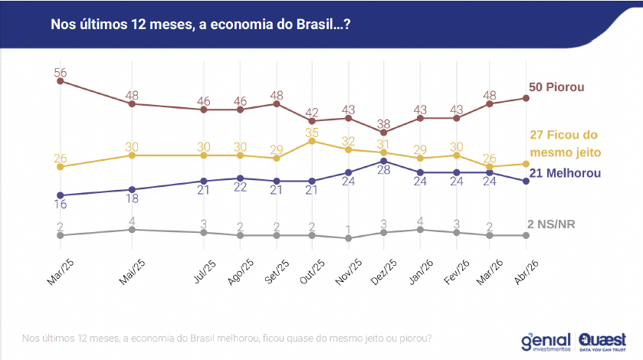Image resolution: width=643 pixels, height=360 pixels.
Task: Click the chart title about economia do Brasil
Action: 201,25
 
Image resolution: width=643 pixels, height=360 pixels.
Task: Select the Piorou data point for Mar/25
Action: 60,80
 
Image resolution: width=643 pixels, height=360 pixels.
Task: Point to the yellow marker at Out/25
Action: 312,141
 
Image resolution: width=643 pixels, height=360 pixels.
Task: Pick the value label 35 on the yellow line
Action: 312,133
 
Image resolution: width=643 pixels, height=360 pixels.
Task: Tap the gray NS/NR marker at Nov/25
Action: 349,238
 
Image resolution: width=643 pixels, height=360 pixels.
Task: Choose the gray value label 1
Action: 349,229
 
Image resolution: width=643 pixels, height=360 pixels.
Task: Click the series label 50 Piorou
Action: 556,87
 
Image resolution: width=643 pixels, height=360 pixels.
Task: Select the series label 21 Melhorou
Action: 565,174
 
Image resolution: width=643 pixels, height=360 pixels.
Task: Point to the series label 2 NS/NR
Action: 551,224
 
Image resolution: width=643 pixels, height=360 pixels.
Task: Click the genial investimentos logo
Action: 546,342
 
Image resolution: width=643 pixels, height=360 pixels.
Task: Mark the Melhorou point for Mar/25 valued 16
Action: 60,195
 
